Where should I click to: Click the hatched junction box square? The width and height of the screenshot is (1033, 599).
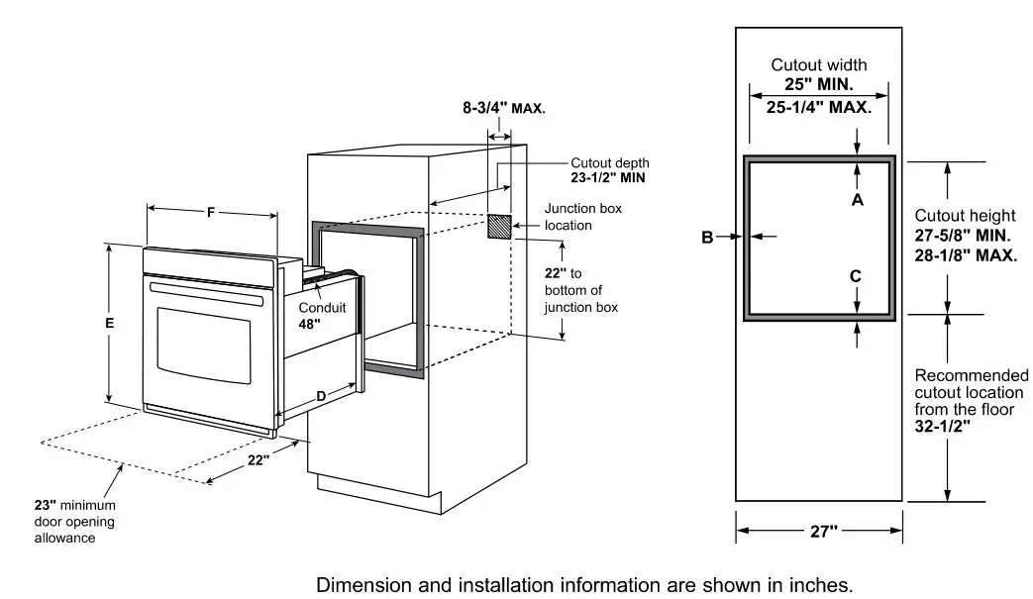[x=500, y=227]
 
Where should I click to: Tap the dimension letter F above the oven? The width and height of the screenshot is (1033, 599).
[x=210, y=212]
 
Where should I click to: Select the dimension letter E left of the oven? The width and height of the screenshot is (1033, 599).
[x=110, y=324]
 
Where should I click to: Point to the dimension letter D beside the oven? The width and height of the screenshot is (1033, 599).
[x=321, y=396]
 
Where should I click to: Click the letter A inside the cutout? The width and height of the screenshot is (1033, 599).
[x=858, y=199]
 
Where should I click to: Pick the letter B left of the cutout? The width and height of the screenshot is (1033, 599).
[x=707, y=237]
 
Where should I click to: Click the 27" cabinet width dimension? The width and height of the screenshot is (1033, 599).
[x=818, y=532]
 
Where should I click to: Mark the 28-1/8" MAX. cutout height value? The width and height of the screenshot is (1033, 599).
[x=966, y=254]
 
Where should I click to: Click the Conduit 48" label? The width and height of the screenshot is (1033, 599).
[x=323, y=315]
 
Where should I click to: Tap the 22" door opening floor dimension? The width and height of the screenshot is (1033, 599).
[x=258, y=459]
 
